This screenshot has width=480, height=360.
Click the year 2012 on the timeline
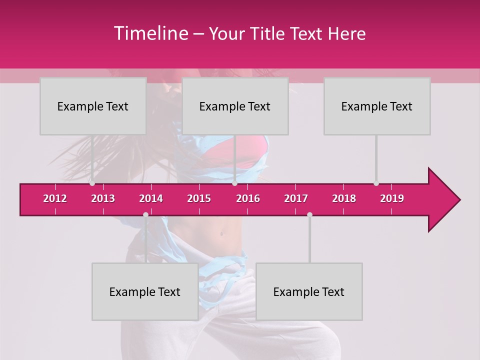pyautogui.click(x=55, y=198)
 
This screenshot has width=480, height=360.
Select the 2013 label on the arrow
pyautogui.click(x=103, y=198)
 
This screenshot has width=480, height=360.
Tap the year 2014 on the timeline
pyautogui.click(x=151, y=198)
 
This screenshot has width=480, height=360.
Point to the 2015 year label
pyautogui.click(x=199, y=198)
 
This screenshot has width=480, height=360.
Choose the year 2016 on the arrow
pyautogui.click(x=248, y=198)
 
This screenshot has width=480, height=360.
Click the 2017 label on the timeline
pyautogui.click(x=296, y=198)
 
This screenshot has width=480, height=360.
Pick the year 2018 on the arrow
pyautogui.click(x=344, y=198)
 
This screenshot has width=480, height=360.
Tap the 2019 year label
pyautogui.click(x=392, y=198)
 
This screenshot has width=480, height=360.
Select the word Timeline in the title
pyautogui.click(x=150, y=33)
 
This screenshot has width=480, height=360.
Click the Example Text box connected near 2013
pyautogui.click(x=93, y=106)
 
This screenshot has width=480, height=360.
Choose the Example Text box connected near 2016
pyautogui.click(x=235, y=106)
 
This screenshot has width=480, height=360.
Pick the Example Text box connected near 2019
pyautogui.click(x=377, y=106)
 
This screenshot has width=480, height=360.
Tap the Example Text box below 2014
pyautogui.click(x=145, y=291)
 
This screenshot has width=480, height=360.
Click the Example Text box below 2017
pyautogui.click(x=309, y=291)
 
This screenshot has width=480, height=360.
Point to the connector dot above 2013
pyautogui.click(x=92, y=183)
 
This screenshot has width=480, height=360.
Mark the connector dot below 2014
pyautogui.click(x=145, y=214)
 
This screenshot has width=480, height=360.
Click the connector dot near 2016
pyautogui.click(x=234, y=183)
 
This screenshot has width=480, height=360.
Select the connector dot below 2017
pyautogui.click(x=309, y=214)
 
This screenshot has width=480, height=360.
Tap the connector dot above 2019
pyautogui.click(x=376, y=183)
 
